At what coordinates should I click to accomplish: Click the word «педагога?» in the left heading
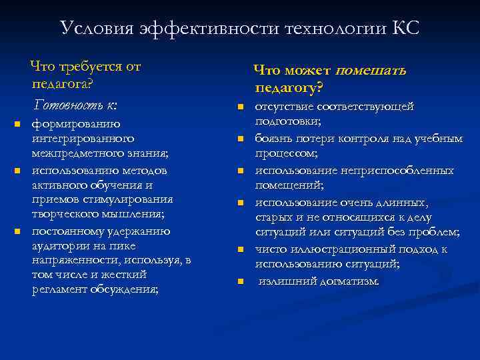pos(61,85)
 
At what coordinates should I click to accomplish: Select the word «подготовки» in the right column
pos(287,121)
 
